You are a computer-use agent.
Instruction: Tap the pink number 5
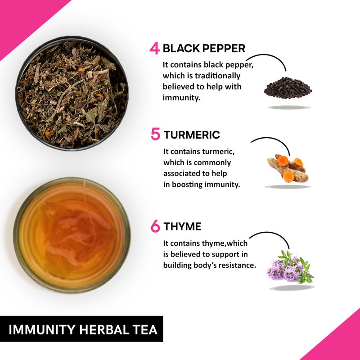pyautogui.click(x=155, y=135)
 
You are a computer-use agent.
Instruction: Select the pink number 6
pyautogui.click(x=155, y=226)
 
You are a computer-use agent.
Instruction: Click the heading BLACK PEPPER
pyautogui.click(x=204, y=49)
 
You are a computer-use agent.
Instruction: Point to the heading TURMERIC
pyautogui.click(x=192, y=135)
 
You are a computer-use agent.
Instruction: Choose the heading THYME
pyautogui.click(x=182, y=226)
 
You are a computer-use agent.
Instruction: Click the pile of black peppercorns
pyautogui.click(x=288, y=88)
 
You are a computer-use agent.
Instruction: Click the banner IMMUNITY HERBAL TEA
pyautogui.click(x=84, y=329)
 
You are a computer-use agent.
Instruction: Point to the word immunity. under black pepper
pyautogui.click(x=181, y=97)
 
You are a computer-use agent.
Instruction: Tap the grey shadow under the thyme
pyautogui.click(x=292, y=287)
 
